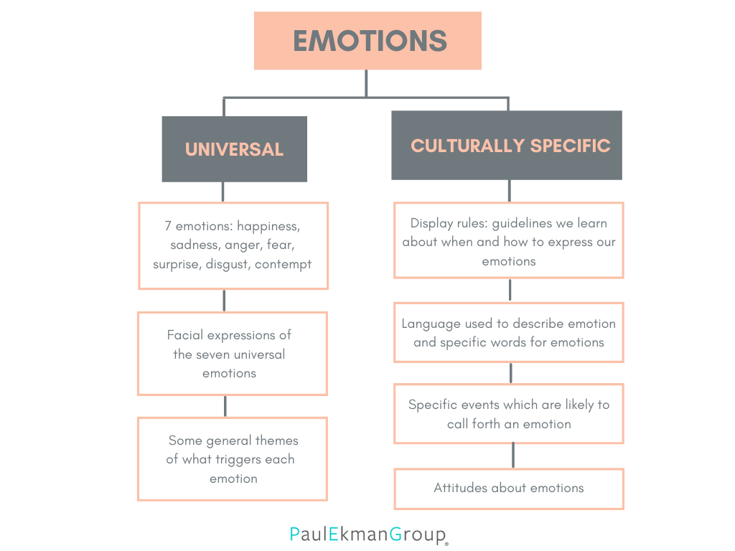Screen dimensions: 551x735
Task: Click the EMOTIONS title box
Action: pyautogui.click(x=367, y=41)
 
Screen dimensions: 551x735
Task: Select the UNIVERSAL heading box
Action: pyautogui.click(x=234, y=149)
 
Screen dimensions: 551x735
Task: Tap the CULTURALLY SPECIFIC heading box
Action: pyautogui.click(x=507, y=146)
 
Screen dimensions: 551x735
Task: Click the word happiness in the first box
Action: pyautogui.click(x=268, y=225)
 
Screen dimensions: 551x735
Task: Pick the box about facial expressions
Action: pyautogui.click(x=233, y=354)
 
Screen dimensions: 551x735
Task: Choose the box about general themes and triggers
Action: pyautogui.click(x=233, y=459)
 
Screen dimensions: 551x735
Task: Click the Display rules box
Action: pyautogui.click(x=509, y=240)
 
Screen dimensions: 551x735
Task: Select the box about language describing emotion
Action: pyautogui.click(x=509, y=333)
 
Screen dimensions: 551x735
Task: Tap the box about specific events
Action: pyautogui.click(x=509, y=414)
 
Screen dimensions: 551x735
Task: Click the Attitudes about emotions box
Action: pyautogui.click(x=509, y=489)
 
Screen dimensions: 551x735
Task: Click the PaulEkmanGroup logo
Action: pyautogui.click(x=368, y=534)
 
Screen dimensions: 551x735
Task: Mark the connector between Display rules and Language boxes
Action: pyautogui.click(x=510, y=290)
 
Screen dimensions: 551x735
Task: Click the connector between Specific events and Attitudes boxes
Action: pyautogui.click(x=512, y=456)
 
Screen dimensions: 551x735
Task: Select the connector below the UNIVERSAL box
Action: pyautogui.click(x=223, y=192)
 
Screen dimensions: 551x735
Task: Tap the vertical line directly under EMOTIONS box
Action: pyautogui.click(x=367, y=83)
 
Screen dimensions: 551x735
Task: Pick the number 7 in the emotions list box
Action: pyautogui.click(x=168, y=225)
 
